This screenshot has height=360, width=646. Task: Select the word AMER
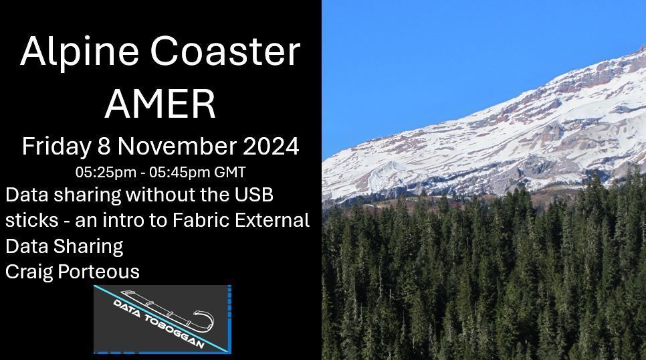pos(160,104)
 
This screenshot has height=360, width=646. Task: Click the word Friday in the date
pos(55,147)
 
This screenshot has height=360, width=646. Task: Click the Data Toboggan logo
pos(163,319)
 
